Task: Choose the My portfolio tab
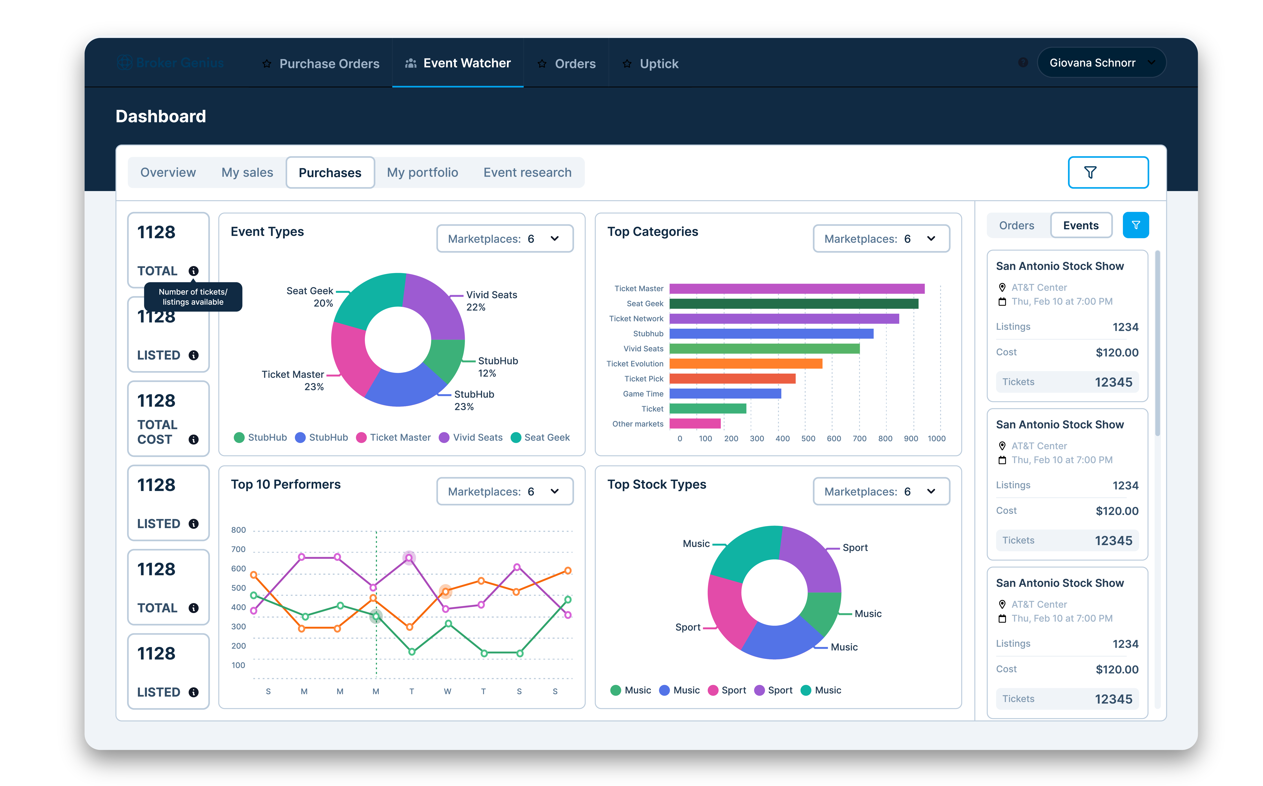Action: (422, 173)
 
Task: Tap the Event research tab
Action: (527, 173)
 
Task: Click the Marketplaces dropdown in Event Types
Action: (504, 239)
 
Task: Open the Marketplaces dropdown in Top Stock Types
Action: (881, 491)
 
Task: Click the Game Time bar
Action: (725, 394)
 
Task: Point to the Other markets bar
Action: (694, 424)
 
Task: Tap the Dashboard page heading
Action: (161, 117)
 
